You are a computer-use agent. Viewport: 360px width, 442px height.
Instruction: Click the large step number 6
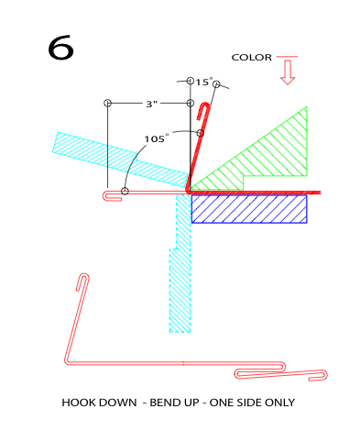click(60, 48)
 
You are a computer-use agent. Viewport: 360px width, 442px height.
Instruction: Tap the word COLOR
click(251, 58)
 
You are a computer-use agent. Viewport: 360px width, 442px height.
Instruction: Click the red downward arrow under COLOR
click(288, 72)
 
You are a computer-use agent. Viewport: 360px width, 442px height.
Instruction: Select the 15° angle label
click(203, 82)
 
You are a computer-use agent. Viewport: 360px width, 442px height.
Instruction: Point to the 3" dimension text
click(151, 104)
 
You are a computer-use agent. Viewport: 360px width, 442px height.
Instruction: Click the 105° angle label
click(156, 138)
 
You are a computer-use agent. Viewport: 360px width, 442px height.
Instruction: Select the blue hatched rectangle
click(249, 209)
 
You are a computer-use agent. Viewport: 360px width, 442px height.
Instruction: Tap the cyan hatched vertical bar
click(181, 263)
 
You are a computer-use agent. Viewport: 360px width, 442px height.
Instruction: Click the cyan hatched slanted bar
click(121, 159)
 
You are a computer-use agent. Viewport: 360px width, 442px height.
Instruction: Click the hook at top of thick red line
click(204, 109)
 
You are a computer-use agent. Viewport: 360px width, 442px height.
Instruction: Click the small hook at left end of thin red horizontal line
click(111, 196)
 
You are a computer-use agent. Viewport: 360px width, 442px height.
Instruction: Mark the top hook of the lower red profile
click(83, 280)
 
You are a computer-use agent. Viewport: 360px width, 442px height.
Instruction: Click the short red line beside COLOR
click(287, 57)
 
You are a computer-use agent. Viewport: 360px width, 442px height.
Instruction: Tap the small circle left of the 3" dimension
click(107, 103)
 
